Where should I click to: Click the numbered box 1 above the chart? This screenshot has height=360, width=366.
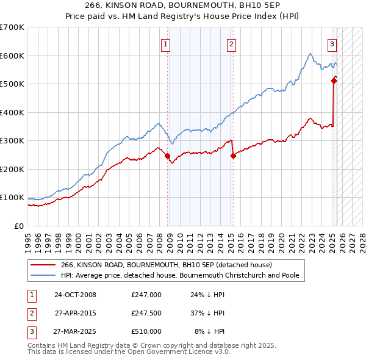166,43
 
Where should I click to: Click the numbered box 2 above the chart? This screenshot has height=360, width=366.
232,43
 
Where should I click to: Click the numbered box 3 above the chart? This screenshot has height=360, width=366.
332,43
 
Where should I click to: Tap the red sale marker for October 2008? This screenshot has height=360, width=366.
167,156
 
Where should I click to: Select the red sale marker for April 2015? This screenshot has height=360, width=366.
233,156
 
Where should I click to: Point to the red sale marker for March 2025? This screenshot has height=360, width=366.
334,81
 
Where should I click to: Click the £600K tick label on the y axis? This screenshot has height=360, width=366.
12,56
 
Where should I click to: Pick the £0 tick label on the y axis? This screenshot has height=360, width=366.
19,226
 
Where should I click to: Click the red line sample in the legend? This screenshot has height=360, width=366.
43,265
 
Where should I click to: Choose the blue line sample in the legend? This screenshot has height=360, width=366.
43,275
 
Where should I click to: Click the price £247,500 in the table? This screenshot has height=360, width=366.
146,313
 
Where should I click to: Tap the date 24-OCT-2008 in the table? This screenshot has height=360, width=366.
75,295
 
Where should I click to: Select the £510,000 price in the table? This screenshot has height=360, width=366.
146,331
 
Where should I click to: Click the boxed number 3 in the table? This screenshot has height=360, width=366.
31,331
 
